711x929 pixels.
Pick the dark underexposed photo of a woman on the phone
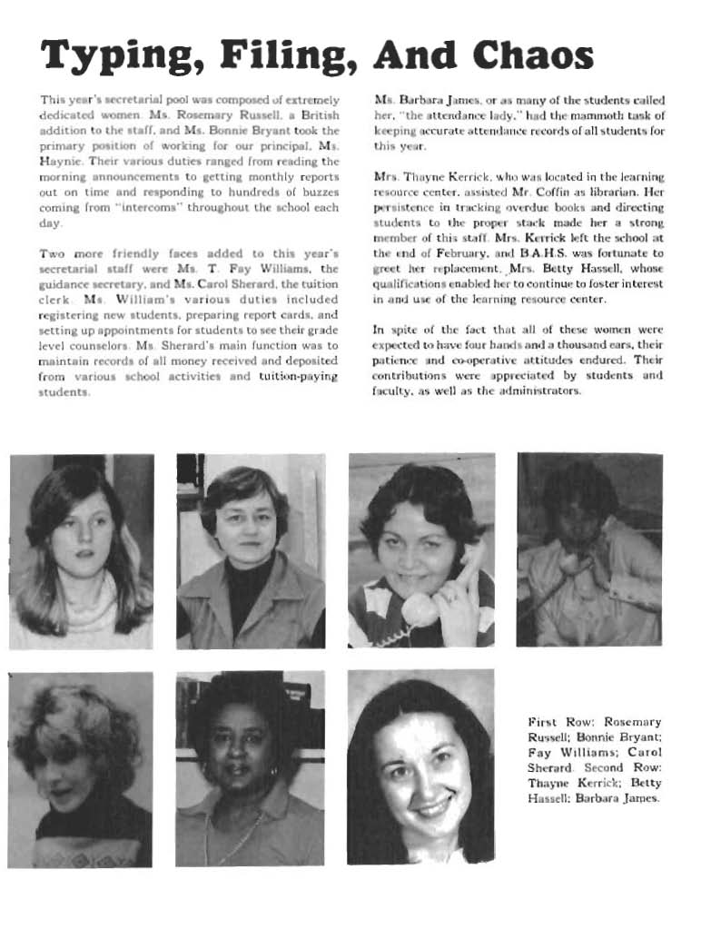tap(589, 549)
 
